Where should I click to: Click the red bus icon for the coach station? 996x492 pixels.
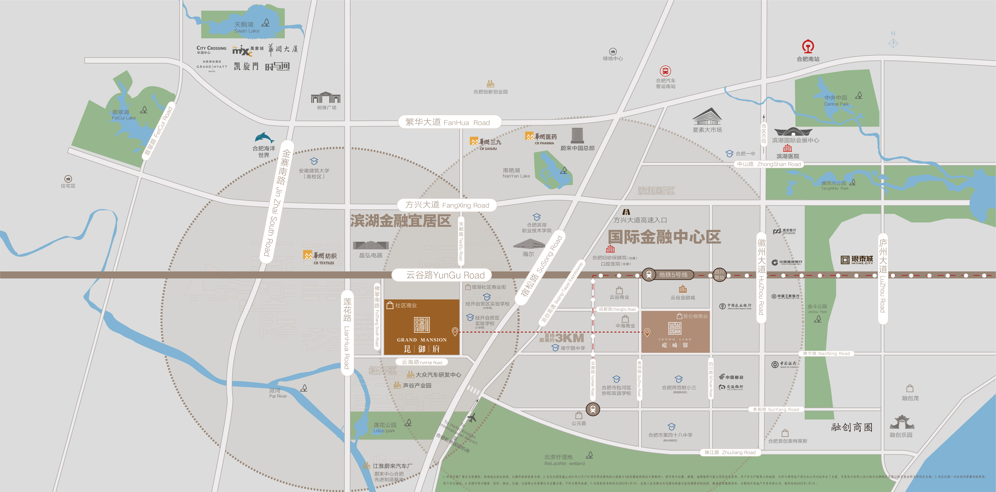click(665, 71)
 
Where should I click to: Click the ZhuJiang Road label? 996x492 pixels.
click(730, 452)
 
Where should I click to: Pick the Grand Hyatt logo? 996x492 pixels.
click(212, 67)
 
